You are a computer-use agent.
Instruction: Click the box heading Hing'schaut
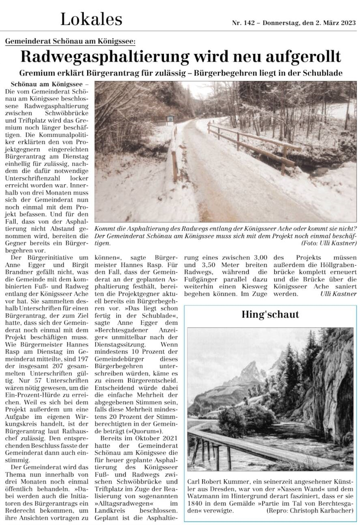[270, 314]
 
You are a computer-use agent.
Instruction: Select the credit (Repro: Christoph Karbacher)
[309, 511]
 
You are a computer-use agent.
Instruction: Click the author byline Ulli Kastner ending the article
[338, 293]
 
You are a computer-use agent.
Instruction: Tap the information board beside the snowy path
[170, 118]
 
